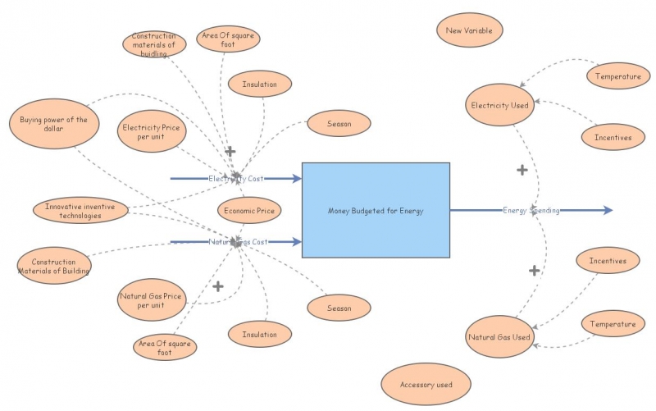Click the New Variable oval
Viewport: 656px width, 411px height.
click(x=469, y=31)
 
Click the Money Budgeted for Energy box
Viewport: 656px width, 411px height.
click(x=376, y=211)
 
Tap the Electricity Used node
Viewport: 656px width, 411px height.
click(x=500, y=105)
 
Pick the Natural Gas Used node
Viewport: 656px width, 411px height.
click(x=499, y=337)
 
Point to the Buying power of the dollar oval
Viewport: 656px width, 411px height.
click(x=53, y=124)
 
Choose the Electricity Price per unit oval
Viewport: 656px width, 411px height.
click(x=152, y=131)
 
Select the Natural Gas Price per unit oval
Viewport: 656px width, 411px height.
click(x=152, y=299)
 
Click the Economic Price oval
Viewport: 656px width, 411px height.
click(x=249, y=211)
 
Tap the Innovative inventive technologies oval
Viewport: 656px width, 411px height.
click(x=80, y=211)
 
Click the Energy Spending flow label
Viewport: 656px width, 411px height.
click(x=531, y=211)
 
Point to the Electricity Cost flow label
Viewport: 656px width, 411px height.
click(x=235, y=178)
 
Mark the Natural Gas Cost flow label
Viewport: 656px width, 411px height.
click(x=238, y=242)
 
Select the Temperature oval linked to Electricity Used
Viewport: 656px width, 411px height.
click(x=618, y=76)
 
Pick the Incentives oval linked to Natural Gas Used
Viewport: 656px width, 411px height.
click(x=608, y=261)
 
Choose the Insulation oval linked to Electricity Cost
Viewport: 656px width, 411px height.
click(x=259, y=84)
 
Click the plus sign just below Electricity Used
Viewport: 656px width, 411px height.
click(x=522, y=170)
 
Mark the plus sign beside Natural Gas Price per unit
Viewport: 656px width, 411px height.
click(x=218, y=286)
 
